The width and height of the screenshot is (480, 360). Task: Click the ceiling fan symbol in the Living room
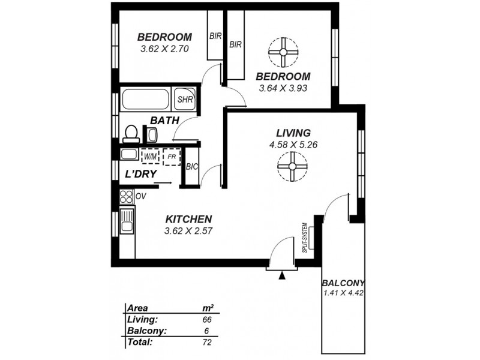point(292,166)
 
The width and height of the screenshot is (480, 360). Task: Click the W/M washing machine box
point(149,156)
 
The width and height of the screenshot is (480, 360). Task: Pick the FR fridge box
point(172,156)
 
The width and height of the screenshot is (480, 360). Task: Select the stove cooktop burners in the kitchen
point(127,196)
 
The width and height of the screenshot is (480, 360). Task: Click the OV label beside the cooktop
point(142,196)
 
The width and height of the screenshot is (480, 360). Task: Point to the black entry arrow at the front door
point(282,275)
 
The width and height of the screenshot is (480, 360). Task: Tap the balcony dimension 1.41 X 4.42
point(344,293)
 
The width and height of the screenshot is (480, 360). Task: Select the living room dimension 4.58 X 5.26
point(293,144)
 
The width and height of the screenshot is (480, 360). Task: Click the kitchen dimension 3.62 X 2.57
point(190,230)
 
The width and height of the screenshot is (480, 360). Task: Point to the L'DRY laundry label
point(141,175)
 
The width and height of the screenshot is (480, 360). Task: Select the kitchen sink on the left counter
point(127,221)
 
